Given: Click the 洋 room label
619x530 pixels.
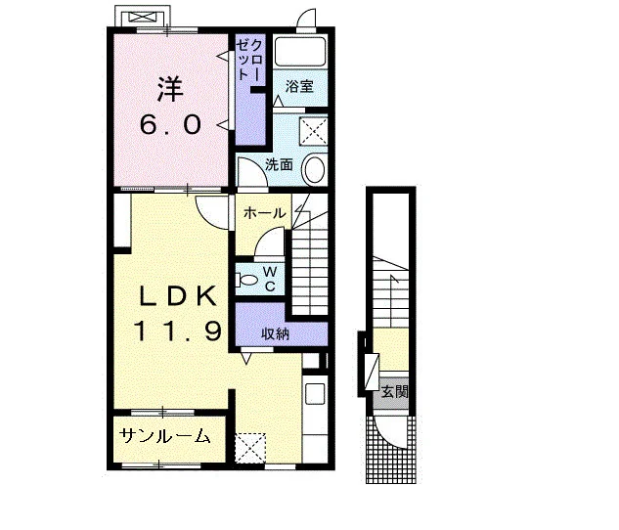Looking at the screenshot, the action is pos(170,89).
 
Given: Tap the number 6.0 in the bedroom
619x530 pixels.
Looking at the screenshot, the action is pos(170,125).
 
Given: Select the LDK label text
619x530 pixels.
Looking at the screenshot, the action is pos(178,295).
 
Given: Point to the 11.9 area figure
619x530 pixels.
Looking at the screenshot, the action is pos(177,331).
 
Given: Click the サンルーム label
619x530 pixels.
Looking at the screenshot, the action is pos(164,436).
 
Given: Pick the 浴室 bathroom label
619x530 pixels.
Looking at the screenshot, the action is pos(299,86).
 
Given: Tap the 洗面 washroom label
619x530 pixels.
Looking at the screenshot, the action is pos(279,164).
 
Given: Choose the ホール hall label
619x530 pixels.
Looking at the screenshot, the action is pos(264,213).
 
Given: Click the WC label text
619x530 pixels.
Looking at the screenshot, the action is pos(270,279).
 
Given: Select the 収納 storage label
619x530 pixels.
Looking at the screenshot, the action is pos(275,333).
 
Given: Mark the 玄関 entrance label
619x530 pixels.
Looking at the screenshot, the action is pos(394,392).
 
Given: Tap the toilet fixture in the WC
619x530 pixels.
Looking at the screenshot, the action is pos(246,281).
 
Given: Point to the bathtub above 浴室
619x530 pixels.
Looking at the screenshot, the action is pos(300,51).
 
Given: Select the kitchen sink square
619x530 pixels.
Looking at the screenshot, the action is pos(315,393).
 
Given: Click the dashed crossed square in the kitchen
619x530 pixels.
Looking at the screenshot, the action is pos(250,448).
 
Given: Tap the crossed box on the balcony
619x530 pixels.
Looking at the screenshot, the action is pos(143,17).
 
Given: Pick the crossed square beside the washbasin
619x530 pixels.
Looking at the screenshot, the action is pos(314,131).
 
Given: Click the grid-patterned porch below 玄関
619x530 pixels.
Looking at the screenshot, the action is pos(391,450).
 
